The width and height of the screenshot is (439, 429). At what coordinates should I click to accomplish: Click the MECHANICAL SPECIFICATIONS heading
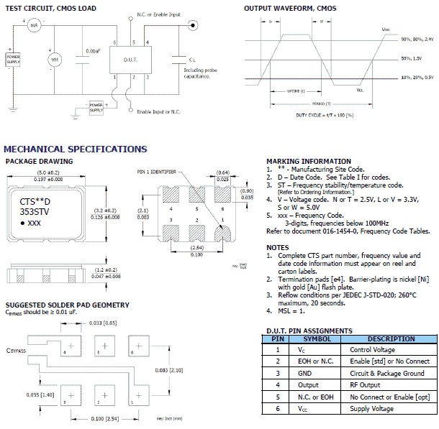pyautogui.click(x=76, y=149)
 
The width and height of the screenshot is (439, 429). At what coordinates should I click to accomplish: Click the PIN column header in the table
pyautogui.click(x=278, y=338)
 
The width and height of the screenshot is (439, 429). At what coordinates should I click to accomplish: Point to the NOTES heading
pyautogui.click(x=277, y=247)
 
